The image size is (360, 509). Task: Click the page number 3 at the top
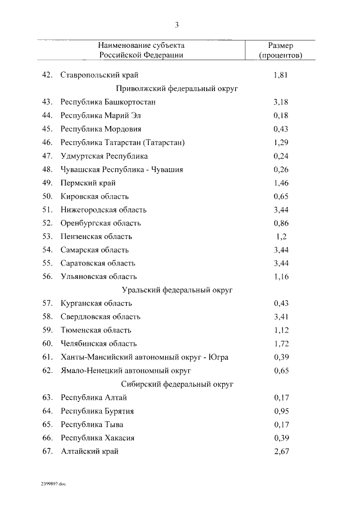(x=177, y=25)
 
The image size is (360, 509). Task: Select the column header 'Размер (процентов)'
(x=280, y=50)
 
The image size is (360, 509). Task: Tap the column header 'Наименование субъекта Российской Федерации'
(x=141, y=50)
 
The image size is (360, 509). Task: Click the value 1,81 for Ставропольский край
(x=281, y=75)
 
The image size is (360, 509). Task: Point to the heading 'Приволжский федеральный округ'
(x=177, y=88)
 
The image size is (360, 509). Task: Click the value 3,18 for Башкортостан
(x=281, y=102)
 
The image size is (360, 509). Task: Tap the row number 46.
(x=47, y=142)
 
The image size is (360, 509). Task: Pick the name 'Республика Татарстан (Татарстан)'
(x=123, y=142)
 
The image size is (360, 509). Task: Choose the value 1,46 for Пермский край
(x=281, y=183)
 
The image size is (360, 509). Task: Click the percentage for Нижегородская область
(x=281, y=210)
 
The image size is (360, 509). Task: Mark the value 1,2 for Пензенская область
(x=281, y=236)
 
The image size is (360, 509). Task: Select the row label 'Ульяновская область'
(x=98, y=277)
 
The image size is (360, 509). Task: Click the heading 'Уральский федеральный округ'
(x=177, y=290)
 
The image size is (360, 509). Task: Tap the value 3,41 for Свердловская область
(x=281, y=317)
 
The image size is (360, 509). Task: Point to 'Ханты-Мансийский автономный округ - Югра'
(x=145, y=357)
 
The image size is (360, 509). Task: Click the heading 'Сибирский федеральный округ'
(x=177, y=384)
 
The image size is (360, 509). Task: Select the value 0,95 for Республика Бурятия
(x=281, y=411)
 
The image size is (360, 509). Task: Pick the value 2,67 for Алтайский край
(x=281, y=451)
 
